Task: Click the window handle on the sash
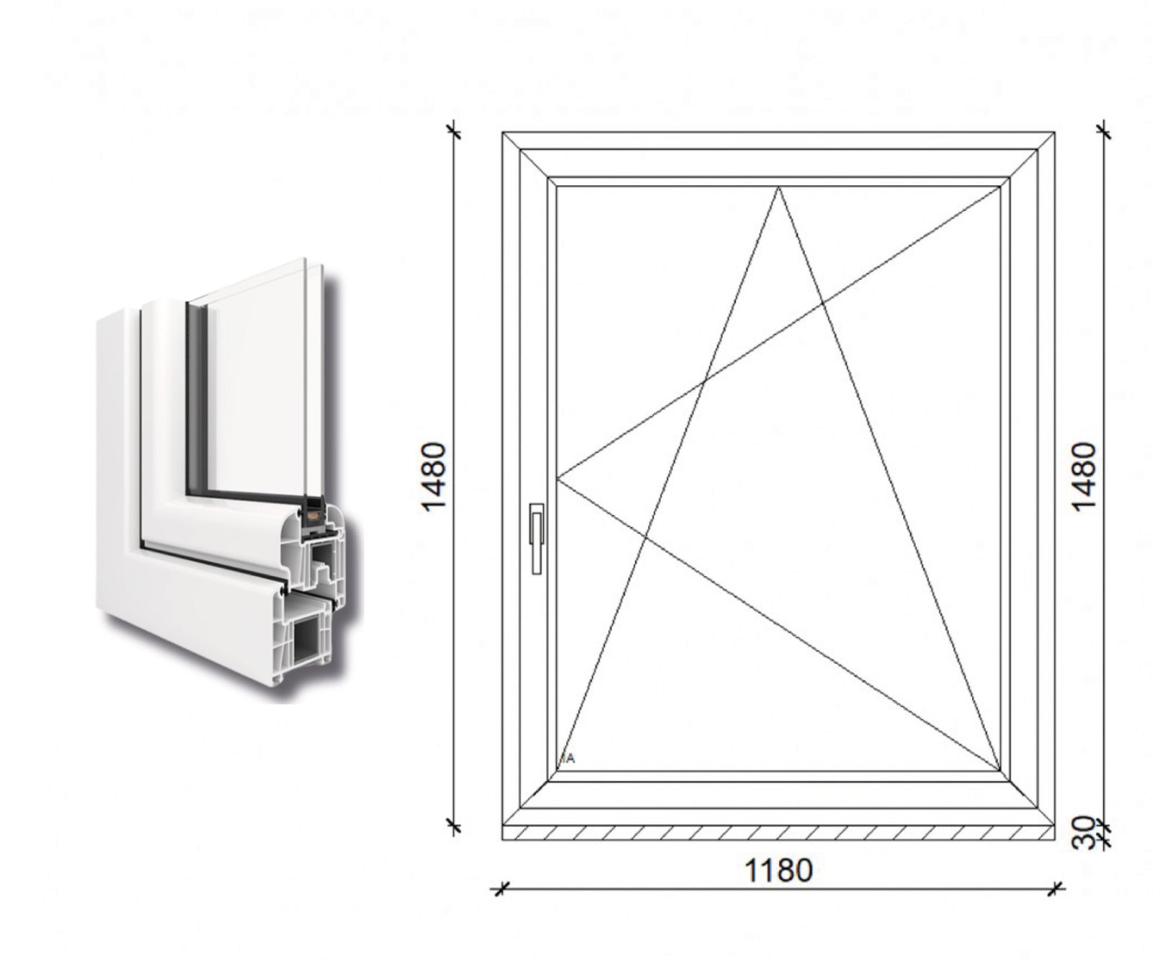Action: (x=536, y=538)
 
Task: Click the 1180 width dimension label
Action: (x=778, y=870)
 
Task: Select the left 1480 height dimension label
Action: (x=435, y=477)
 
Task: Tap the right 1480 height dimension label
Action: (x=1083, y=477)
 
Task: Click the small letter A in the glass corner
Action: (x=571, y=758)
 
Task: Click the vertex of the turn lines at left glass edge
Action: (x=558, y=477)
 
